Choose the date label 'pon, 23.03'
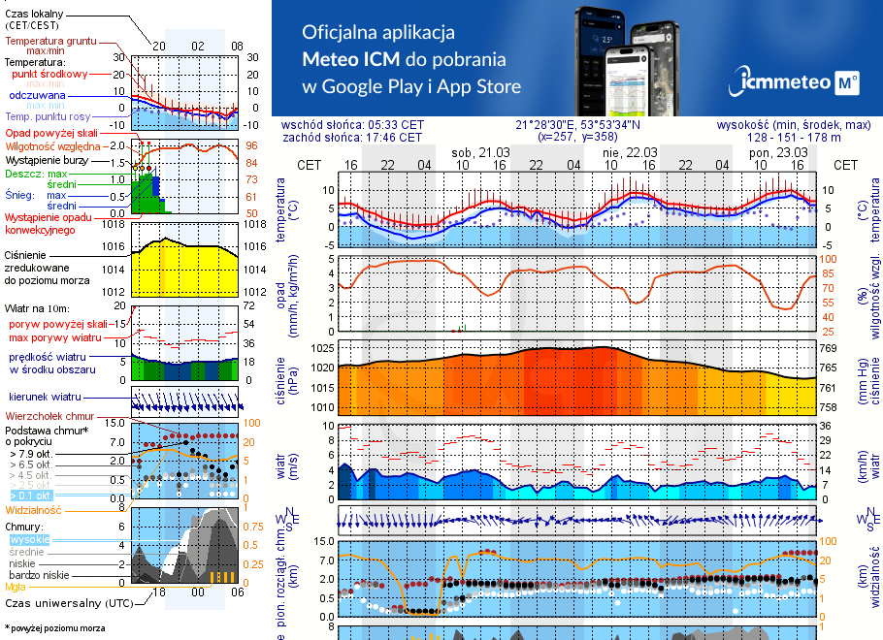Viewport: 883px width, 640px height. [x=778, y=152]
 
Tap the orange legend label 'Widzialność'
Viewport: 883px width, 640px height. [x=33, y=509]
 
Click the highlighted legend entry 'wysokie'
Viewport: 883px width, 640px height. [x=28, y=539]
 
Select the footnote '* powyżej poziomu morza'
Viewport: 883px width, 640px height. [x=54, y=628]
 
